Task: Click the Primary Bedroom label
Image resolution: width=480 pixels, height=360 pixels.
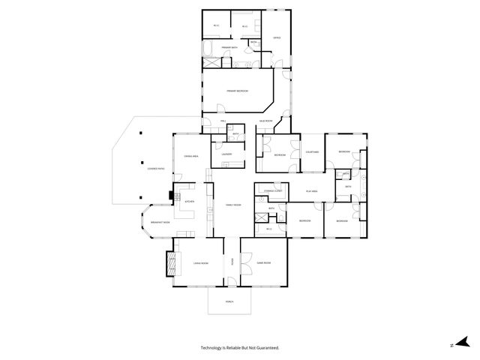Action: (x=237, y=91)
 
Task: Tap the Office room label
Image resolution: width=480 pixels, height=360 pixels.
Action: (x=276, y=37)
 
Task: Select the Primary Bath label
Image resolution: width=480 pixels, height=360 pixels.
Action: (x=229, y=47)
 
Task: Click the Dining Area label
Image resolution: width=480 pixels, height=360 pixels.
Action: (x=190, y=156)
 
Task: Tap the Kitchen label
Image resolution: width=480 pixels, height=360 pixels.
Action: (x=190, y=202)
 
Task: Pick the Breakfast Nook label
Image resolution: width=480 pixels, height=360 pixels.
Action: (x=160, y=223)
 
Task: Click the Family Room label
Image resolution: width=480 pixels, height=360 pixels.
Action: (x=232, y=205)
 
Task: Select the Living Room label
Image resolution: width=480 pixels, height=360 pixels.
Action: (x=200, y=262)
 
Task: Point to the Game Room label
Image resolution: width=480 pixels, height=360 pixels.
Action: (x=262, y=262)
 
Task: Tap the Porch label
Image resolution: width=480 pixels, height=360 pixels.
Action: (x=229, y=301)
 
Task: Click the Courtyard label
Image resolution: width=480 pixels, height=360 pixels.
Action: (x=311, y=152)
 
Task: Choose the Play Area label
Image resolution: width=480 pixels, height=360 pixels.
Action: (x=312, y=193)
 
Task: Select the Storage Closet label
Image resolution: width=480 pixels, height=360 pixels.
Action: (x=271, y=192)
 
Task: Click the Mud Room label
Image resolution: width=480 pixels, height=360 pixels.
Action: (x=265, y=121)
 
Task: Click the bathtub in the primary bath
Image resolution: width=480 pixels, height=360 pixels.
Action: (x=209, y=51)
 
